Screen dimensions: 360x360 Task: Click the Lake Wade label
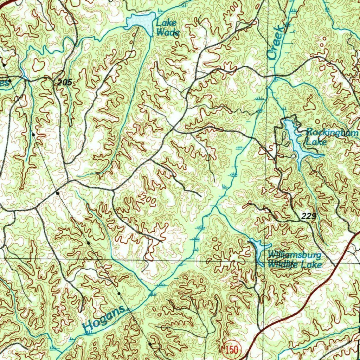click(x=168, y=28)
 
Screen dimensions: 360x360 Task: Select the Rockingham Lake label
click(x=330, y=137)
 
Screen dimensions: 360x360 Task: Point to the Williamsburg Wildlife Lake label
click(x=295, y=259)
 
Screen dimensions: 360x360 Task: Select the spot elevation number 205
click(x=65, y=83)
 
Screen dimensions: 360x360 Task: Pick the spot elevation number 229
click(x=309, y=216)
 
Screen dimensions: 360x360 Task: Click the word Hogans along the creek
click(x=104, y=318)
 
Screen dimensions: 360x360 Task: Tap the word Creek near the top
click(x=277, y=41)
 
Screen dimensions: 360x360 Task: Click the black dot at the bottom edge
click(x=150, y=344)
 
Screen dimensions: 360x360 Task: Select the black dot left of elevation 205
click(x=10, y=81)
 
